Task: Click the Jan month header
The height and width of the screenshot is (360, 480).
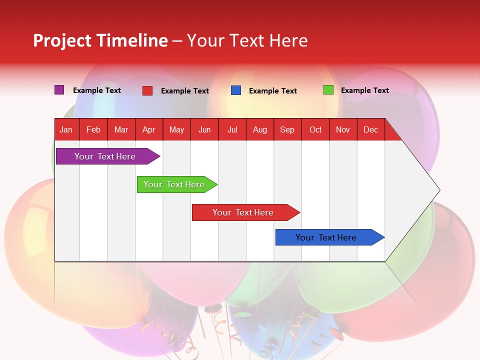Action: tap(66, 130)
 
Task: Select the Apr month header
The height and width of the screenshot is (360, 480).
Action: tap(149, 130)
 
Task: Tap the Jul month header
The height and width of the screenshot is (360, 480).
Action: tap(232, 130)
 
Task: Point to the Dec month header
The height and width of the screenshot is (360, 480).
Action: tap(370, 130)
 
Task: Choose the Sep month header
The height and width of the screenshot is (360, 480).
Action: tap(287, 130)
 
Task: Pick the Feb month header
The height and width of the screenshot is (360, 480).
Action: tap(93, 130)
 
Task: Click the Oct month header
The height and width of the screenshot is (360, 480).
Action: tap(315, 130)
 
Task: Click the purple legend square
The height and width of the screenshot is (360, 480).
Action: tap(59, 90)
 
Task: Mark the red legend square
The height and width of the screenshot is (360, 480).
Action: tap(147, 90)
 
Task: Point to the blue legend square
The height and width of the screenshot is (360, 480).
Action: tap(236, 90)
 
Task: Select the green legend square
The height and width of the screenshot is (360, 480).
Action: tap(328, 90)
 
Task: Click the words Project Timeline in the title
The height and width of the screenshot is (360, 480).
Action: tap(100, 40)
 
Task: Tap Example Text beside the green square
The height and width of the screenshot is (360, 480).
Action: tap(365, 90)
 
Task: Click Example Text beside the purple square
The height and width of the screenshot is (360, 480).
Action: tap(97, 90)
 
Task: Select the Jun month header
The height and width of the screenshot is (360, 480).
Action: tap(204, 130)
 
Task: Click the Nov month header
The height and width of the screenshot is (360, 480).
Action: tap(343, 130)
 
